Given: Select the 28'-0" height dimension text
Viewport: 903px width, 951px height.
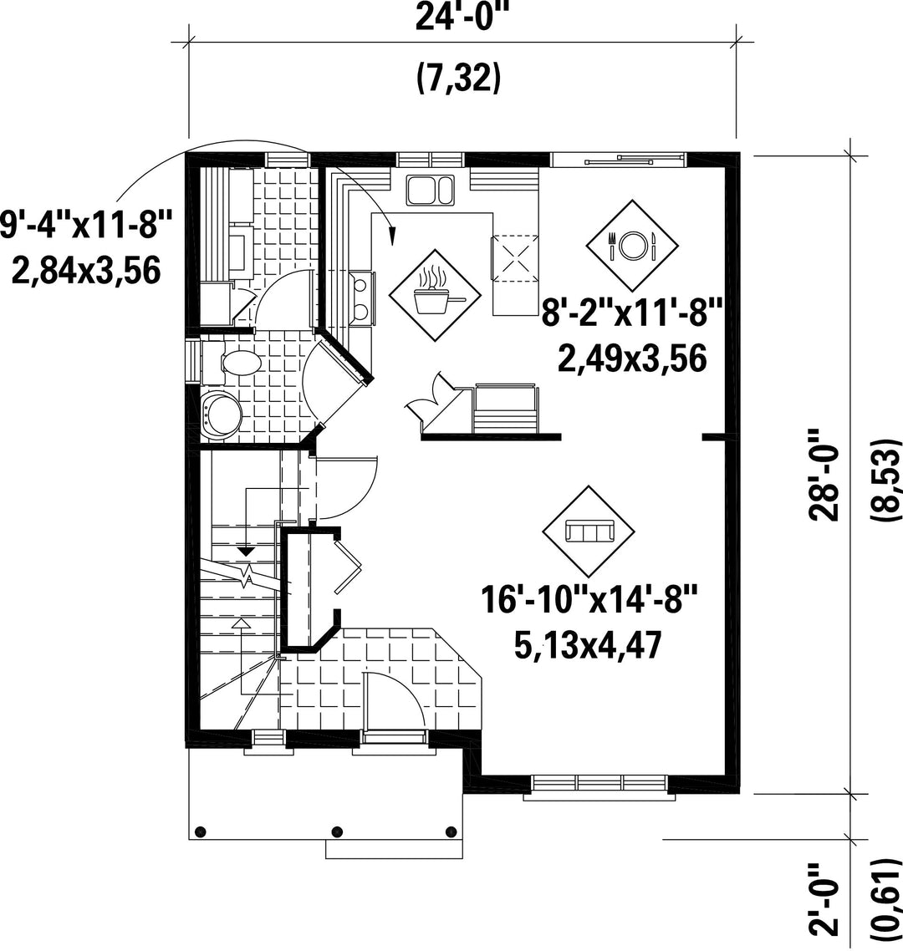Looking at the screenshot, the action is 824,475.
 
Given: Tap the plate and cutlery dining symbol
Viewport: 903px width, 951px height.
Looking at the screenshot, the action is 632,245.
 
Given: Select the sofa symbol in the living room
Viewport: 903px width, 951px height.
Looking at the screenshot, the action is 589,531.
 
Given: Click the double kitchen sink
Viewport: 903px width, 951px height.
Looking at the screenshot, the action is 431,189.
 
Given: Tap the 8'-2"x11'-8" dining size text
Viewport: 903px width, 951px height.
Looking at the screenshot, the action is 632,314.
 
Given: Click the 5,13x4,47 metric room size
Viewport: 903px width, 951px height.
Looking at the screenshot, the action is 587,644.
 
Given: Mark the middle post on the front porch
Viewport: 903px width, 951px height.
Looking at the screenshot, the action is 338,831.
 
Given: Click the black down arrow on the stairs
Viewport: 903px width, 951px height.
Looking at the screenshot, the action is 246,552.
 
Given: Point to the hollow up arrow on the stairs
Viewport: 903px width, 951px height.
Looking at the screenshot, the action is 242,623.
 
